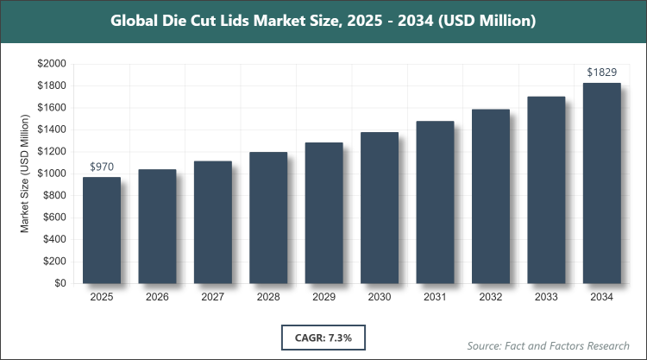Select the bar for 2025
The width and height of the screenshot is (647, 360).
coord(102,231)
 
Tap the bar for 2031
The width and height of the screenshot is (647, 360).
coord(435,202)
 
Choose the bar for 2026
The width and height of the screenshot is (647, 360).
coord(157,226)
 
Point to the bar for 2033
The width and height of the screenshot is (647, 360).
coord(546,190)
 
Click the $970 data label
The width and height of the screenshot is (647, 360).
coord(102,166)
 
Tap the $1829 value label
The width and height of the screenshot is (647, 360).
coord(601,72)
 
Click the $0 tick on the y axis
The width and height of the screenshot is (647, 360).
coord(60,283)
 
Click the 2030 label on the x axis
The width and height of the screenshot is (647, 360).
coord(380,297)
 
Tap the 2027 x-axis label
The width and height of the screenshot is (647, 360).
coord(213,297)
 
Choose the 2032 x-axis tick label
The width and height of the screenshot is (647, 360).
coord(490,297)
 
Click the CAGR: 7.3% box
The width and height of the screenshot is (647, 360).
coord(323,336)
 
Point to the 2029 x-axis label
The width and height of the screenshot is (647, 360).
coord(323,297)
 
